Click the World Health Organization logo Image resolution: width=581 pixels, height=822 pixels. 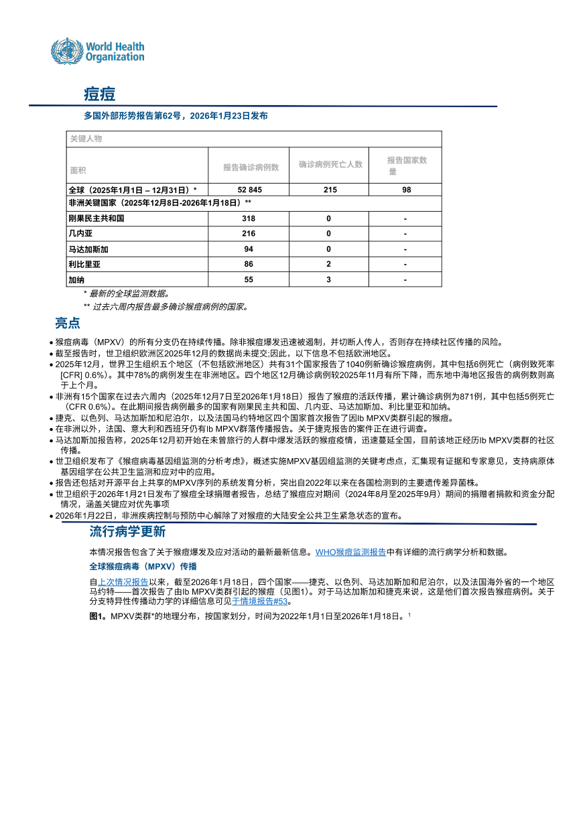point(98,50)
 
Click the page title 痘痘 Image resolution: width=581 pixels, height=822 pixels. point(99,94)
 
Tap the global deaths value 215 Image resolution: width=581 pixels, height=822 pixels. point(329,190)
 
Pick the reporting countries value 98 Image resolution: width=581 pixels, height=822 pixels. point(405,190)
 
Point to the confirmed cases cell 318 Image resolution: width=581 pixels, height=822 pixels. point(249,218)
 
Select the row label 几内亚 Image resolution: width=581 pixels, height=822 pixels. point(80,234)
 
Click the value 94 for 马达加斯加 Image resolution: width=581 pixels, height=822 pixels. point(249,249)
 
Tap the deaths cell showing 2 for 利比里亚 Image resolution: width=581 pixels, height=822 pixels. point(329,265)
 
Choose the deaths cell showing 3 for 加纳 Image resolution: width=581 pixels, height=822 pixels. point(329,279)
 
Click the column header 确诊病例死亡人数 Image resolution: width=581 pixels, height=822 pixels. point(330,164)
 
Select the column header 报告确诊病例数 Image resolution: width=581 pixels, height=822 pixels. point(251,167)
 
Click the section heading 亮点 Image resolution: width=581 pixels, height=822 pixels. point(68,323)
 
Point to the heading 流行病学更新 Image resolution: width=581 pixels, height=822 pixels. point(127,532)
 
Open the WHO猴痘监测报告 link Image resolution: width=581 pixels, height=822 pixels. point(350,552)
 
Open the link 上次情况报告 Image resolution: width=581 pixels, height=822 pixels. point(123,581)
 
